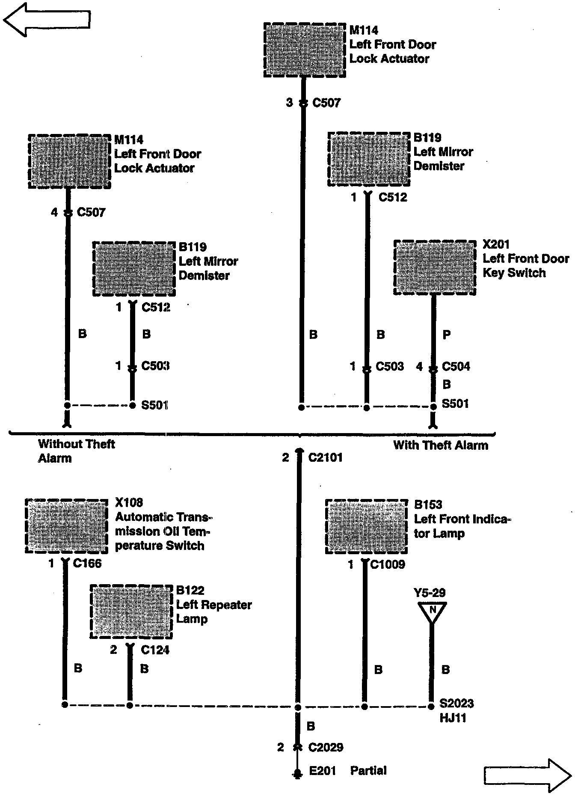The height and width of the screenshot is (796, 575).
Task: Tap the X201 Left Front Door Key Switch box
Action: pos(435,267)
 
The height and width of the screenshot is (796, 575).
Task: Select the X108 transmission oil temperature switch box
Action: pos(66,526)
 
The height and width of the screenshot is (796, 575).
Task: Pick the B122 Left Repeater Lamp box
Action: pos(131,612)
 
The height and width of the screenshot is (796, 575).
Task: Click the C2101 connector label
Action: pos(325,457)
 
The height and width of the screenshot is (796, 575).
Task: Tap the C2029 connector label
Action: pos(326,747)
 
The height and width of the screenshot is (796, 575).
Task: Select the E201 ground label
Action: pos(323,771)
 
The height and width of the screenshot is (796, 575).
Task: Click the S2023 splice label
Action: pos(456,703)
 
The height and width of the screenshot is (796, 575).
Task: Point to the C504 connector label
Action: pos(456,366)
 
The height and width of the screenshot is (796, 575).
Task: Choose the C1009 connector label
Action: pos(387,564)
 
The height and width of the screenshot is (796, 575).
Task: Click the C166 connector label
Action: pos(87,563)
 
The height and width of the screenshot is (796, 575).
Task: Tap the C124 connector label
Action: pos(155,650)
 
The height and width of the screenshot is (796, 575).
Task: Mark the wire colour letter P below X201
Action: pos(446,335)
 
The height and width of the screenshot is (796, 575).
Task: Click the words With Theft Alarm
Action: pos(441,445)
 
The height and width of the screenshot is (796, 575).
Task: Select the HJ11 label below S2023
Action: pos(453,718)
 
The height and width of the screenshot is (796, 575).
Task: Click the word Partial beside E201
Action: pos(368,771)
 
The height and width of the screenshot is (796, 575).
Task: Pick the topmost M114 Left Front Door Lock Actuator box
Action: pos(305,50)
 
